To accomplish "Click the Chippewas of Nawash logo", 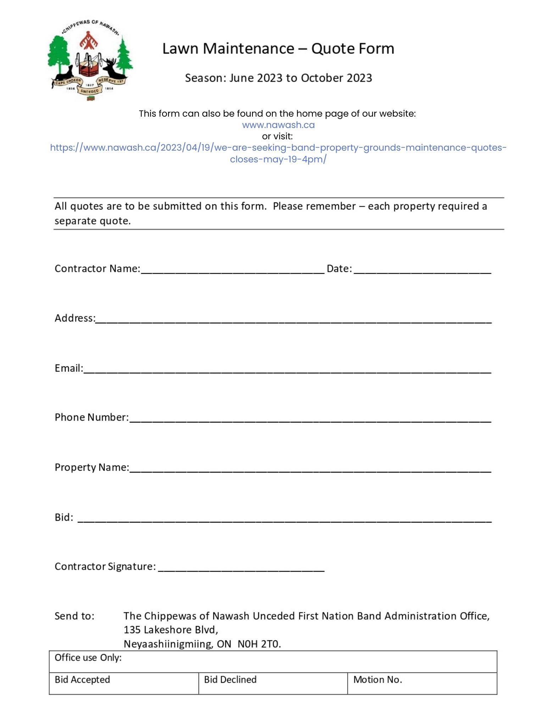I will (x=90, y=60).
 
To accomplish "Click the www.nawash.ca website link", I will (x=278, y=125).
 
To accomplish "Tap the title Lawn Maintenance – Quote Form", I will (x=278, y=49).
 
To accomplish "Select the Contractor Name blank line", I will (x=232, y=269).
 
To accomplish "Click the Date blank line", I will (x=422, y=269).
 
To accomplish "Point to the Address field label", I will (x=75, y=318).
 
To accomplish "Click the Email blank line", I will (x=287, y=369).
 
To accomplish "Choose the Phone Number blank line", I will (x=310, y=418).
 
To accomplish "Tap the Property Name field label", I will (x=92, y=468).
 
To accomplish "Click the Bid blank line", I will (x=284, y=518).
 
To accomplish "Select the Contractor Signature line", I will (x=241, y=567).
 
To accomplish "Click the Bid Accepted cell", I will (x=124, y=683).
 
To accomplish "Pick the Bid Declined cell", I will (x=273, y=683).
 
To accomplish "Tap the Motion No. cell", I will (x=422, y=683).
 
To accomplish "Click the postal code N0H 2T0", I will (x=259, y=644).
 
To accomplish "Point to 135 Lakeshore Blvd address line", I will (x=171, y=630).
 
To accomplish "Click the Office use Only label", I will (x=88, y=658).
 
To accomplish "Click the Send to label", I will (x=74, y=616).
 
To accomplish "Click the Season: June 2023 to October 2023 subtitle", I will (x=278, y=78).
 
